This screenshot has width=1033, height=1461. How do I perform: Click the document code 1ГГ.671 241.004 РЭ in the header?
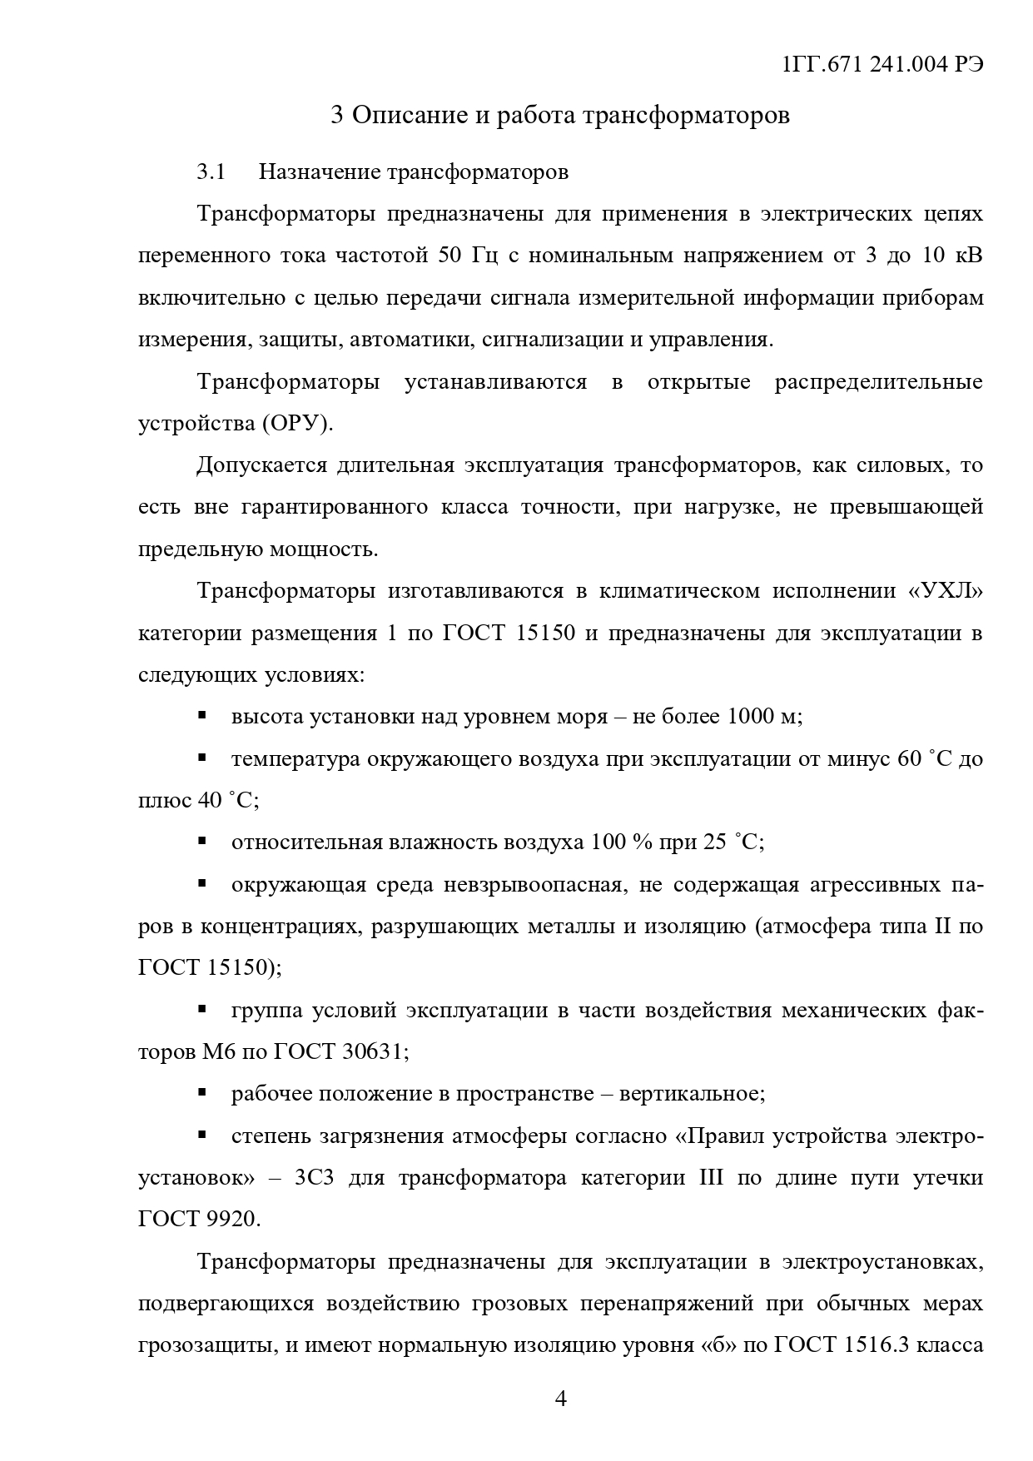(883, 66)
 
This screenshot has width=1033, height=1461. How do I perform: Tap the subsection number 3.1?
(211, 172)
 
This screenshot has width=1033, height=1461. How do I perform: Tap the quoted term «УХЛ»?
(946, 591)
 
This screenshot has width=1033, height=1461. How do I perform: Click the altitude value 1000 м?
(762, 716)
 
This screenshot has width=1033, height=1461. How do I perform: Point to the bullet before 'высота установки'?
(202, 715)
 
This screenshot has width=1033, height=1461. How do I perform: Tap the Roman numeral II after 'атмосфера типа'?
(943, 926)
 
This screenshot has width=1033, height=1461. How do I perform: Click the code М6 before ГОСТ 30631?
(218, 1051)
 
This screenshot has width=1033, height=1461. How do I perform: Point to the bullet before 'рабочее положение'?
(202, 1092)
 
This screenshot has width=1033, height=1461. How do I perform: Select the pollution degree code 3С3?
(314, 1177)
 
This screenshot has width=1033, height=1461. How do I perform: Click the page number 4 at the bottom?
(560, 1399)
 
